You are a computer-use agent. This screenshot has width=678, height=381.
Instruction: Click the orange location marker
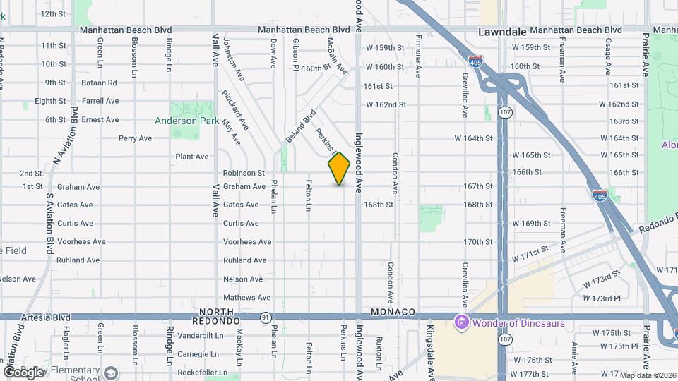pos(340,169)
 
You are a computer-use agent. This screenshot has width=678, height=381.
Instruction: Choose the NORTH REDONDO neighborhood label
pos(217,311)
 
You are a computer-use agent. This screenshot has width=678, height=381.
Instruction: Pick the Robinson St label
pos(244,173)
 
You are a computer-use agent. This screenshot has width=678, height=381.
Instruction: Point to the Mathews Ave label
pos(246,298)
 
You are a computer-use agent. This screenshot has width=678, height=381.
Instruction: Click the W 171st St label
pos(530,255)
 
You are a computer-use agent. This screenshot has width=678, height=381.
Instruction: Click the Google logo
pos(23,372)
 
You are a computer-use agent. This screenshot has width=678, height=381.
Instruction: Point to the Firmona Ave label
pos(419,56)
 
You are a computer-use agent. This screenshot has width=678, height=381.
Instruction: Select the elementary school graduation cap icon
pos(110,372)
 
